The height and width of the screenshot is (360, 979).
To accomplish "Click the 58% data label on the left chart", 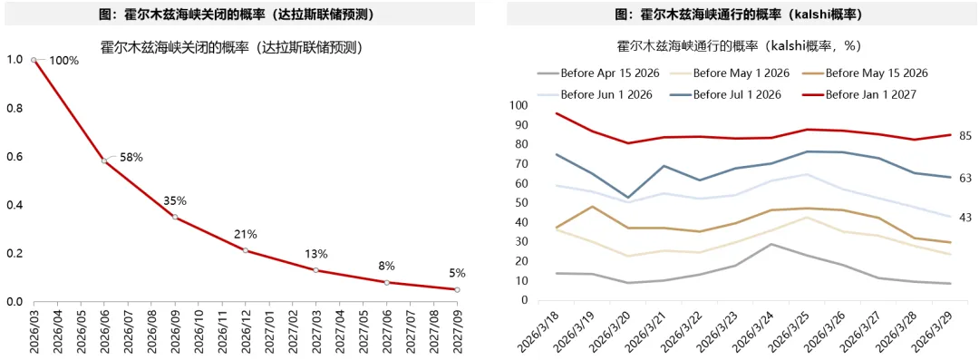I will click(x=131, y=157).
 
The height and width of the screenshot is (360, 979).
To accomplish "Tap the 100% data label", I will click(x=63, y=60).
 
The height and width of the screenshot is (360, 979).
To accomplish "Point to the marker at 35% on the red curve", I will click(x=175, y=217).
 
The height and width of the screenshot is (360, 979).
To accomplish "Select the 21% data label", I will click(x=247, y=234).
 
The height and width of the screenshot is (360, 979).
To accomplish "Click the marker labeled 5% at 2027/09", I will click(x=457, y=289).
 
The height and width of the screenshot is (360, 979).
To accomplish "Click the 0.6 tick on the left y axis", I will click(x=15, y=157).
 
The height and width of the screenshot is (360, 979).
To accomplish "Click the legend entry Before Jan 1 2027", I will click(x=872, y=94).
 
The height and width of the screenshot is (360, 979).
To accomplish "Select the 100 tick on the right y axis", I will click(x=519, y=105).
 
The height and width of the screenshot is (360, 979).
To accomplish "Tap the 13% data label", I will click(x=316, y=254).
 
